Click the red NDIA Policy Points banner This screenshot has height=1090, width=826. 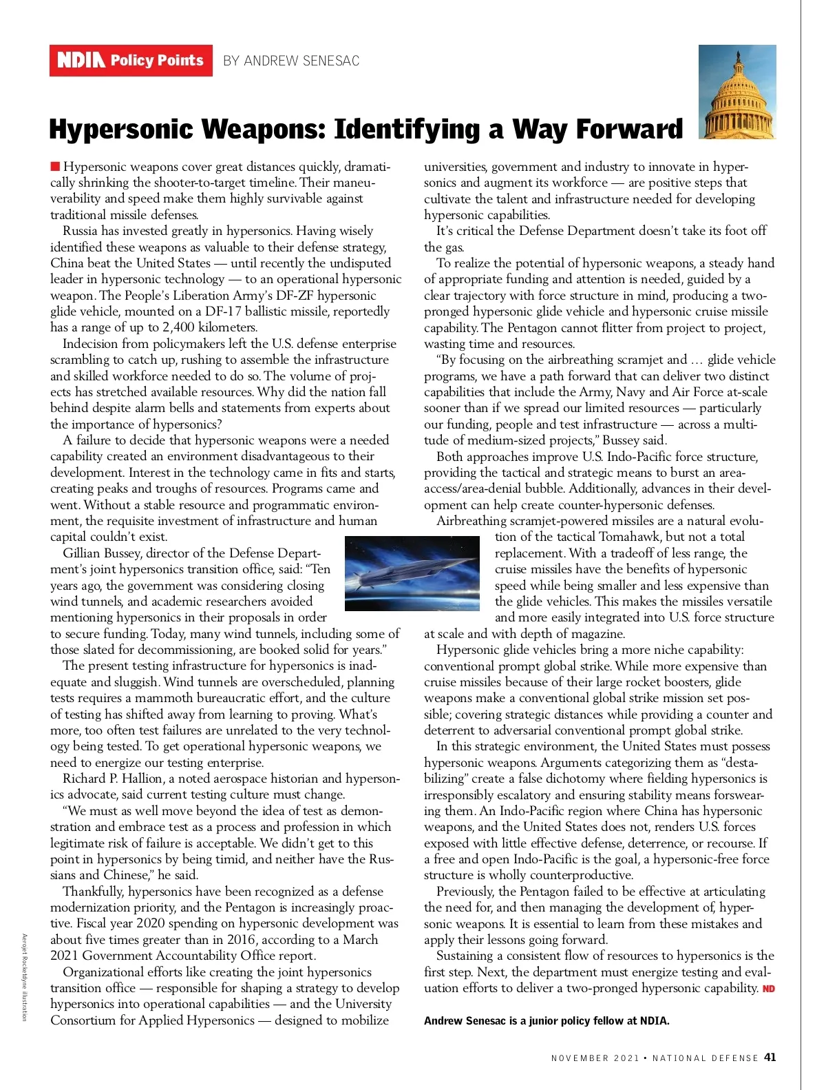pos(131,61)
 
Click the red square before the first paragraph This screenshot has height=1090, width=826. pos(55,166)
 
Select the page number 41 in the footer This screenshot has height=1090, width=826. pos(770,1058)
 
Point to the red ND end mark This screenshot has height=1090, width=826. pos(769,989)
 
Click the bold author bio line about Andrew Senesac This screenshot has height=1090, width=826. pos(547,1020)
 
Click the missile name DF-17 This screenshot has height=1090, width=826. pos(224,311)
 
